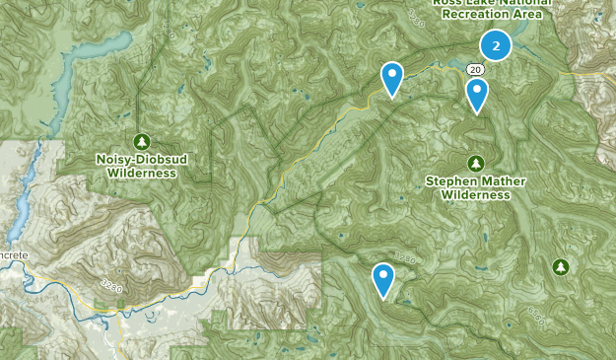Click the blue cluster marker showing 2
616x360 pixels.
coord(496,45)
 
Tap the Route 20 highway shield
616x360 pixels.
coord(475,69)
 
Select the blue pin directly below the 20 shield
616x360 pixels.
coord(477,95)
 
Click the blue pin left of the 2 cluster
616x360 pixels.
coord(392,79)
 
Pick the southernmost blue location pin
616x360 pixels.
coord(383,279)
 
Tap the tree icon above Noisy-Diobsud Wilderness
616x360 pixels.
coord(142,141)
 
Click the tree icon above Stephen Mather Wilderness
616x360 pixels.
coord(475,163)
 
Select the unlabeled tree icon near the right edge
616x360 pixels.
coord(561,266)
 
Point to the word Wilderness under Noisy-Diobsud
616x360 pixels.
coord(142,173)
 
